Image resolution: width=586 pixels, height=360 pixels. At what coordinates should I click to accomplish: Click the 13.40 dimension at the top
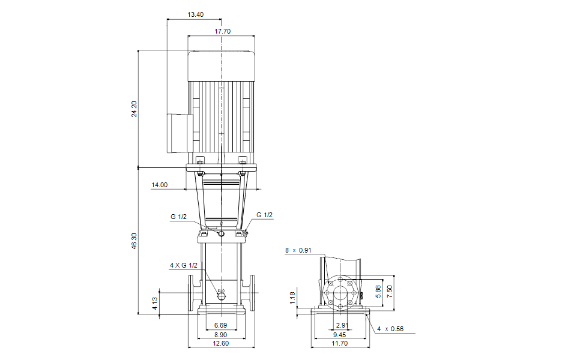(196, 14)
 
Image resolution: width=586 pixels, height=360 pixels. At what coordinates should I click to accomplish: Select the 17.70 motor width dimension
(222, 31)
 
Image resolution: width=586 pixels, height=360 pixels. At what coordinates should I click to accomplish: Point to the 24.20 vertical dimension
(134, 109)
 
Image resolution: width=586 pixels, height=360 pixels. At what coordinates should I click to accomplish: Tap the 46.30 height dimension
(134, 241)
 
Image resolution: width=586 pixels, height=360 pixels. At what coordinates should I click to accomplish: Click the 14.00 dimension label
(160, 185)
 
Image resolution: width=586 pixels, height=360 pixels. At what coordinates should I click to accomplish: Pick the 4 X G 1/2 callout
(184, 265)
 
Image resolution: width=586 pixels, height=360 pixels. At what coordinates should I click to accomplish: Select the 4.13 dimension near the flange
(155, 303)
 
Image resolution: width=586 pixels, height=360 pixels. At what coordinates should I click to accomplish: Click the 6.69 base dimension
(220, 325)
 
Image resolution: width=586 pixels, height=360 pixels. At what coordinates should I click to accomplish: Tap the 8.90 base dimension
(220, 335)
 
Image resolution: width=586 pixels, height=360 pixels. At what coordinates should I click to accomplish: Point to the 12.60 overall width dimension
(220, 343)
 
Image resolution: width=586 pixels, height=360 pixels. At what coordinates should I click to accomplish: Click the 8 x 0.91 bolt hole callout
(298, 250)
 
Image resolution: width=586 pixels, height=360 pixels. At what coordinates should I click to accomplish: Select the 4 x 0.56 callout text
(390, 329)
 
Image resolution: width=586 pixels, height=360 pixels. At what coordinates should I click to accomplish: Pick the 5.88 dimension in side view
(378, 291)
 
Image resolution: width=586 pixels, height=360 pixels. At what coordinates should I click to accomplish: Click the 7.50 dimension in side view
(390, 291)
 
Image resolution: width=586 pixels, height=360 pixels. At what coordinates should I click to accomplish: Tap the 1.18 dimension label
(292, 298)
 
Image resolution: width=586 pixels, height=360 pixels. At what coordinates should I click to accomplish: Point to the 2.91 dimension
(342, 325)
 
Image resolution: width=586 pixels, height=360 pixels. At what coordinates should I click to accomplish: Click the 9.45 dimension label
(339, 335)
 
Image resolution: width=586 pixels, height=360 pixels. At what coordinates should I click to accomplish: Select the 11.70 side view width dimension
(339, 343)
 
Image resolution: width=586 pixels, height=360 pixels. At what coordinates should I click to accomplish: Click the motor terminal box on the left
(179, 133)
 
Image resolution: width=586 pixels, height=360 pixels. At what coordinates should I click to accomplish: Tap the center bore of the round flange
(340, 293)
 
